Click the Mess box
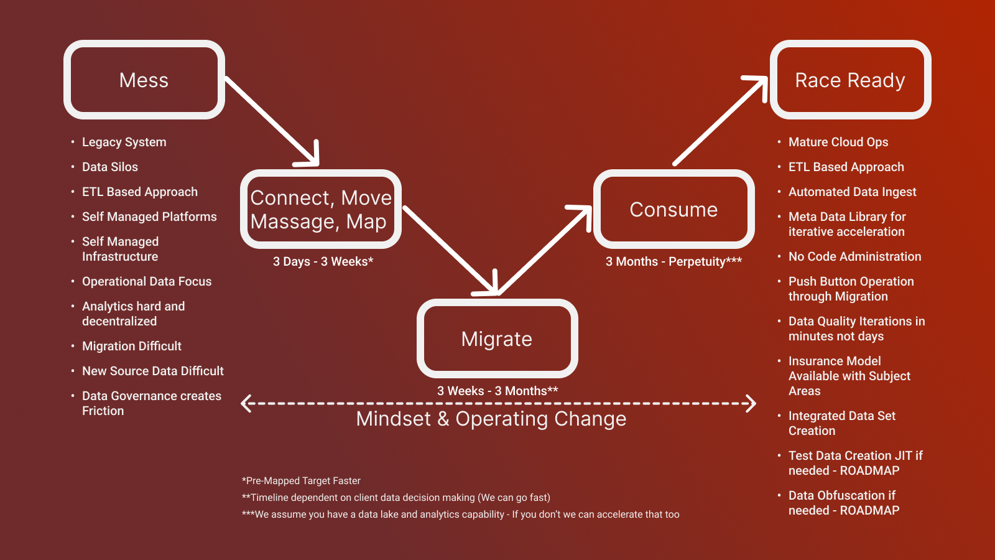144,80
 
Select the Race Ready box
850,80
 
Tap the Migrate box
497,338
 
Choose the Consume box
673,209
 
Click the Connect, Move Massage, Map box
321,209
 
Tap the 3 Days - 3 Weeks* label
323,261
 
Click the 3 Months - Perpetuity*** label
673,261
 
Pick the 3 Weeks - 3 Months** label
497,391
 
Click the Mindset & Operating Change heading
491,419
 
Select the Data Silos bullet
110,167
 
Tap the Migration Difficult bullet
132,346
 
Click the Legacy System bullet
124,142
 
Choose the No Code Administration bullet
854,256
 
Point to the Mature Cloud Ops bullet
838,142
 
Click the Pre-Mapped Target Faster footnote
301,480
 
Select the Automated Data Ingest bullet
852,192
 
